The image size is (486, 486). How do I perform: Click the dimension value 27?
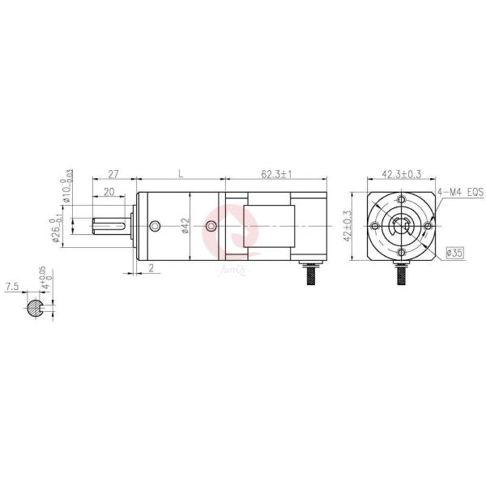pos(114,174)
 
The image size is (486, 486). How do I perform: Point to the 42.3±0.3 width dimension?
pos(399,174)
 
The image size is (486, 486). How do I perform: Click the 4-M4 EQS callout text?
pos(459,192)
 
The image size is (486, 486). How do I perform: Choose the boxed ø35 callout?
pos(455,254)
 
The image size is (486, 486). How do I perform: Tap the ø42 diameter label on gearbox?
pos(185,227)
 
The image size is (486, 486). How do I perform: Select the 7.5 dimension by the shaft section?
pos(11,287)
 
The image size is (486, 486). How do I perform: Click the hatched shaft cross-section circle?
pos(35,307)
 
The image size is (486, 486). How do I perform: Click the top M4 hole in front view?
pos(402,200)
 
